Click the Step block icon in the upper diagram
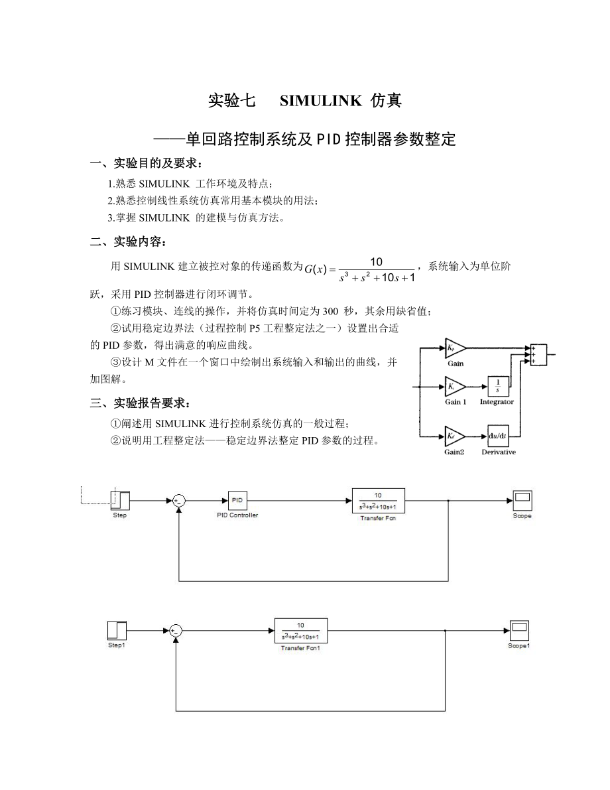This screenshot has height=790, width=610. pos(120,499)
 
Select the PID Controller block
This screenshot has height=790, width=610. pos(237,499)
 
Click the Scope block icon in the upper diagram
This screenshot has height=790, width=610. pos(522,499)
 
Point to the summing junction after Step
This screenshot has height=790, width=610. pos(178,501)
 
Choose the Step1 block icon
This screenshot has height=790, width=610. pos(117,629)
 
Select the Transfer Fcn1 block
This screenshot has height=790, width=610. pos(300,629)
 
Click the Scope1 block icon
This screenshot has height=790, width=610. pos(519,629)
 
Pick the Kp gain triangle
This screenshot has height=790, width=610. pos(454,348)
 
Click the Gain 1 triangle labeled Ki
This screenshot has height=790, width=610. pos(454,387)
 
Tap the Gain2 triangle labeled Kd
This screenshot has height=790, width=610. pos(454,436)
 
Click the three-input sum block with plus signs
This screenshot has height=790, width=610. pos(536,354)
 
